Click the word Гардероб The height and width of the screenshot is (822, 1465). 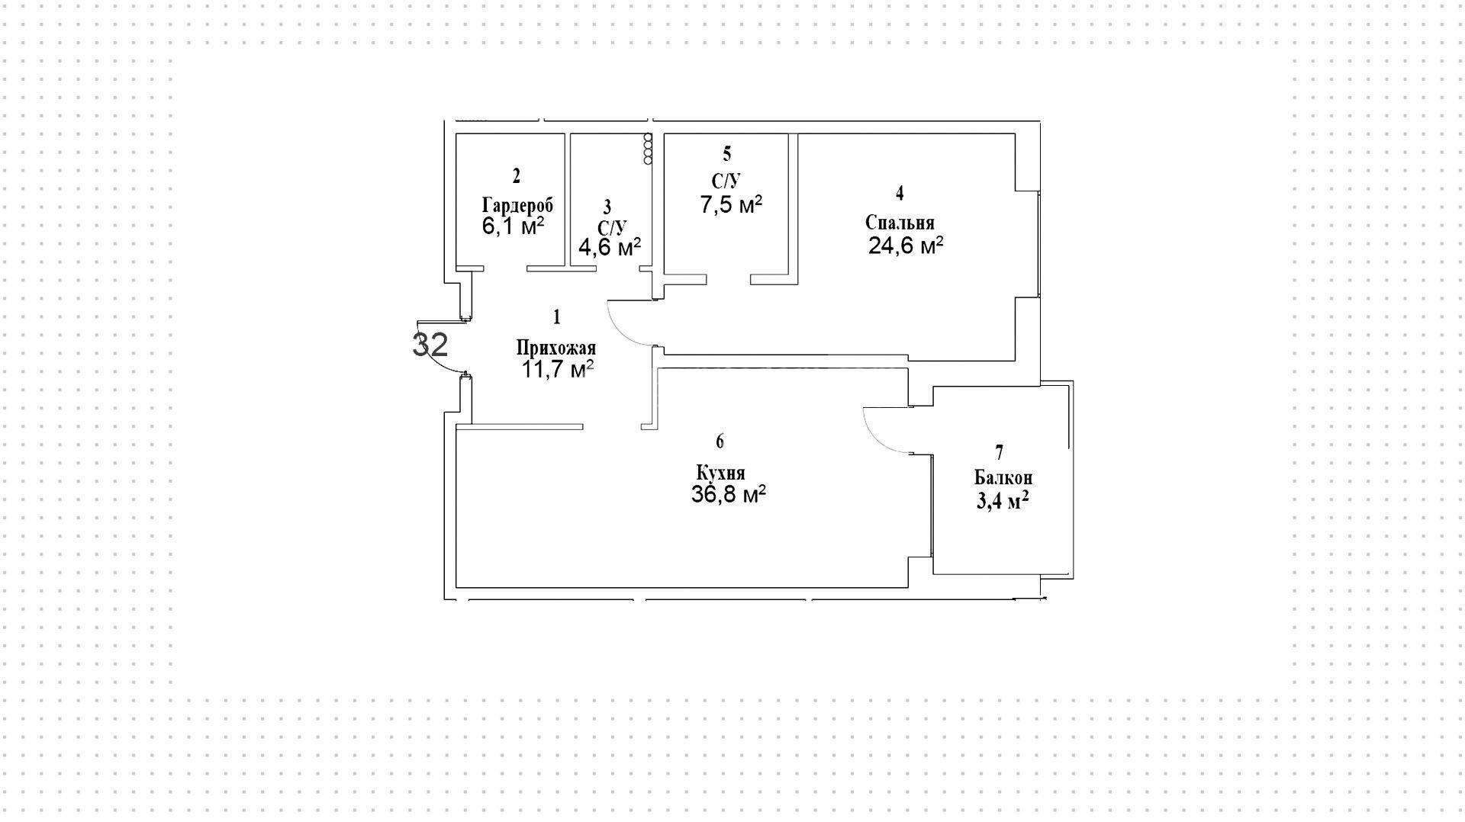(517, 205)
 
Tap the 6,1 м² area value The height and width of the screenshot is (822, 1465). (513, 226)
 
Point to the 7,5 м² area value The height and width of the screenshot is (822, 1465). (732, 204)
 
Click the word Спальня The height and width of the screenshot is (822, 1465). (900, 223)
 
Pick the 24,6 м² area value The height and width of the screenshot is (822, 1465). (906, 246)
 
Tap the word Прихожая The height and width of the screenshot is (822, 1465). (556, 348)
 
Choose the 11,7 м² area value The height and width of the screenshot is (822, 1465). (557, 370)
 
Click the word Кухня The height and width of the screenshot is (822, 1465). (720, 474)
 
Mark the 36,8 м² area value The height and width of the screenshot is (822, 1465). (729, 494)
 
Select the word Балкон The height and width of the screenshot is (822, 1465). (1003, 478)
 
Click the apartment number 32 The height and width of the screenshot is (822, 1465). (430, 344)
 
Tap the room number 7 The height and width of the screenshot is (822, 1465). (1000, 453)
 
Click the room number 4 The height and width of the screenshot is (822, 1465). (900, 193)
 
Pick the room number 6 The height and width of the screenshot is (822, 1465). (720, 442)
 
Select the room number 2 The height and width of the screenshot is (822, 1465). (517, 176)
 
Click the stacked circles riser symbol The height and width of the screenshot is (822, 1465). (648, 149)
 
